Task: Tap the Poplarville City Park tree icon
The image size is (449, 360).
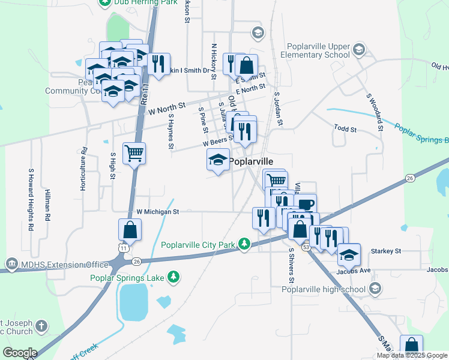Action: tap(244, 244)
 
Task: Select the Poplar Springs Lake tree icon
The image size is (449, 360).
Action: tap(173, 277)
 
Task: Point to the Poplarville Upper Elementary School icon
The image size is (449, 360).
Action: tap(360, 49)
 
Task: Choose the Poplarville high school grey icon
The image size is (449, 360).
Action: tap(375, 290)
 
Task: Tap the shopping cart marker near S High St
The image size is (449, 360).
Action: tap(134, 153)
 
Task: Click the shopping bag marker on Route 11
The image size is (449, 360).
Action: tap(130, 230)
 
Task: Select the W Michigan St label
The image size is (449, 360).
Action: tap(158, 212)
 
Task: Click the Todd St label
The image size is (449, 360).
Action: tap(345, 129)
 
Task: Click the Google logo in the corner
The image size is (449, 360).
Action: tap(20, 353)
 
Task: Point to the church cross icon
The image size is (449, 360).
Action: tap(41, 326)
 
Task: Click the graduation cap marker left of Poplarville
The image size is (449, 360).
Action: tap(218, 160)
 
